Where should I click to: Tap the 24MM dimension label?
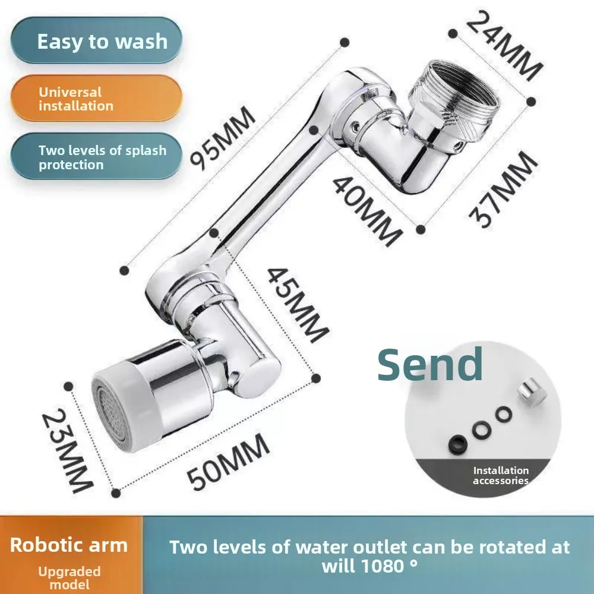pos(504,46)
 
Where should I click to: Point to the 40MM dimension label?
pos(366,211)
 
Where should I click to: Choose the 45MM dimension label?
pos(298,305)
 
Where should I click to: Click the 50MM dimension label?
pos(229,462)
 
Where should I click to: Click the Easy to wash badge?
pos(96,40)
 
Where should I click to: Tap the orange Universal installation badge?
pos(96,98)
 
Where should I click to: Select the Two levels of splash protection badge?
pos(96,156)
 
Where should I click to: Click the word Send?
pos(430,364)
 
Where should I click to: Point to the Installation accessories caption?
pos(501,475)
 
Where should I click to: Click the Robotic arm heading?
pos(69,545)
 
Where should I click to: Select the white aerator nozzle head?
pos(121,407)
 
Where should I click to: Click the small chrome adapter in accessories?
pos(532,394)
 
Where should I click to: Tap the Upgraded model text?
pos(69,578)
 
